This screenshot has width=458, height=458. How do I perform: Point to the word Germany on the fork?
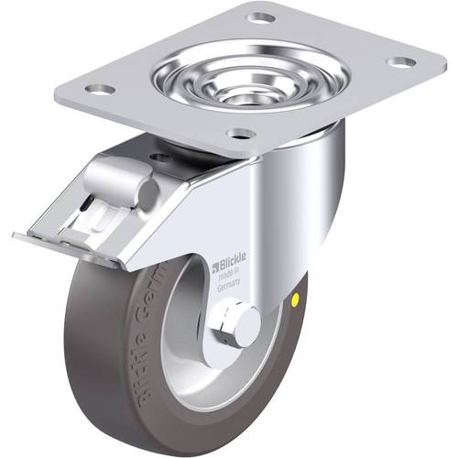[x=229, y=285]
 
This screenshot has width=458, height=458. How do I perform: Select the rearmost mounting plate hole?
[x=261, y=17]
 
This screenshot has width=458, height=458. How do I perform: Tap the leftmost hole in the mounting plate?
[x=101, y=89]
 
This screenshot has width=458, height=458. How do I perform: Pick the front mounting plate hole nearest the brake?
[x=241, y=134]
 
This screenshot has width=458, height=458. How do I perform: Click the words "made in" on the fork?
[x=227, y=276]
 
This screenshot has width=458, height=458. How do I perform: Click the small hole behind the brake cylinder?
[x=163, y=158]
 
